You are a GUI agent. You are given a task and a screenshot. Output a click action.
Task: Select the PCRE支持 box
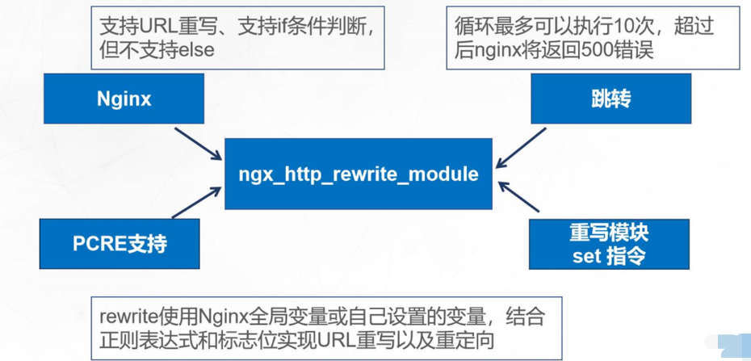[120, 243]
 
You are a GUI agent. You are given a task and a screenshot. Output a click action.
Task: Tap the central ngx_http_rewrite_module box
[358, 174]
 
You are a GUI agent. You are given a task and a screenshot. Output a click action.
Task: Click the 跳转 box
[610, 99]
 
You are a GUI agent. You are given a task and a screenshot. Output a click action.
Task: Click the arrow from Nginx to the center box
[197, 141]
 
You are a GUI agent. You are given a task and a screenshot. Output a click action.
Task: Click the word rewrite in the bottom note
[126, 317]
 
